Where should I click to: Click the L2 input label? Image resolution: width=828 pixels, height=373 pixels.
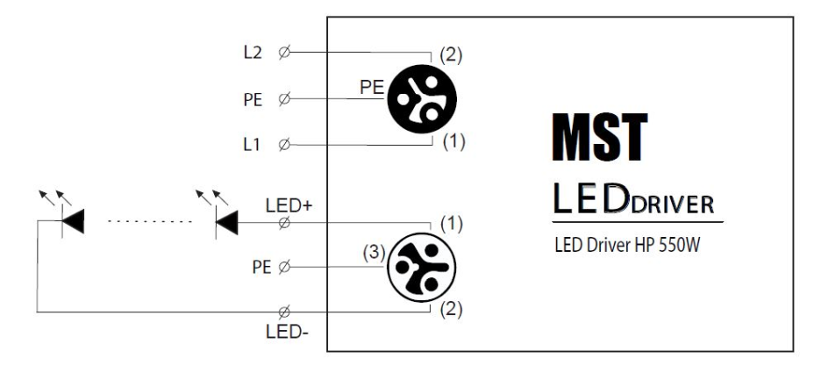click(253, 54)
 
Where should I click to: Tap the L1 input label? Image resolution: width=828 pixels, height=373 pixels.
click(253, 144)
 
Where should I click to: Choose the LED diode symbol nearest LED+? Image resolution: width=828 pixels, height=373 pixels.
click(227, 223)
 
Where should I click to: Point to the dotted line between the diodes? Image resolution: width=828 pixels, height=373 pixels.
click(149, 222)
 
